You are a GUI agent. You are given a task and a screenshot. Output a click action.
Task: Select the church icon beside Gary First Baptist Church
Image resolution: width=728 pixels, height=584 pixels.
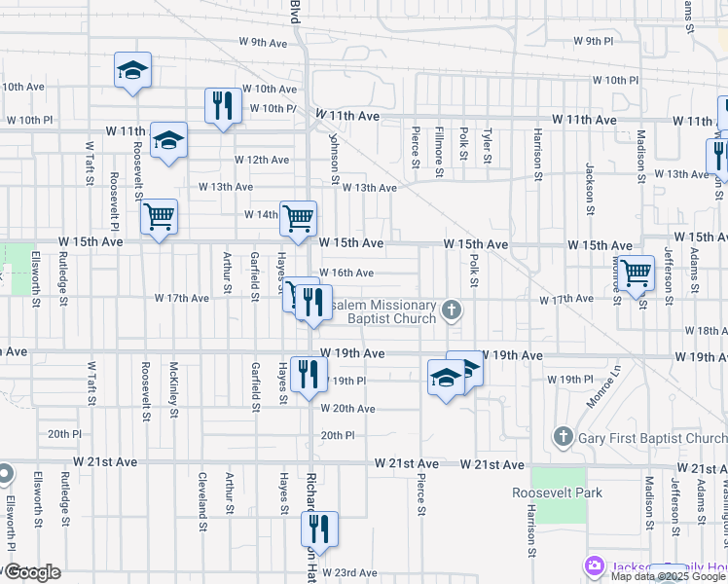click(564, 437)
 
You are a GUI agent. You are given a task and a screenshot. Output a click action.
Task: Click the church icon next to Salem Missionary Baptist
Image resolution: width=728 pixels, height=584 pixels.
click(450, 311)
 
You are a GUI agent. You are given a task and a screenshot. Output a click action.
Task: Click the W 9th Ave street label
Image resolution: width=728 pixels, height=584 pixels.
click(264, 43)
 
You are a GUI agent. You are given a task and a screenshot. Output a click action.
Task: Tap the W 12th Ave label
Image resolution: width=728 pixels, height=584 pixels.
click(262, 160)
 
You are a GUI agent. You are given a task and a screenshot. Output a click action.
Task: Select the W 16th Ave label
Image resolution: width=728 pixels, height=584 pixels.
click(346, 274)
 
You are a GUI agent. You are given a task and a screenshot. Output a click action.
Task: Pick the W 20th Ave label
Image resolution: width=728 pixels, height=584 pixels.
click(347, 409)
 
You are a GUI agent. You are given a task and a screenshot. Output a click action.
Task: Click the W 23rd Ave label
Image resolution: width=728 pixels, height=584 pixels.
click(349, 572)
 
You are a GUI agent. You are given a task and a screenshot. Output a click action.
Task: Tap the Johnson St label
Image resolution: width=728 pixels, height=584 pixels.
click(334, 159)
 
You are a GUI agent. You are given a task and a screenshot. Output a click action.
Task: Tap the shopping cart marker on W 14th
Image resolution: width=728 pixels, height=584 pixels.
click(298, 217)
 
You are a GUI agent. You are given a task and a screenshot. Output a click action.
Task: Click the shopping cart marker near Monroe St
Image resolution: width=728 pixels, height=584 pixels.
click(636, 272)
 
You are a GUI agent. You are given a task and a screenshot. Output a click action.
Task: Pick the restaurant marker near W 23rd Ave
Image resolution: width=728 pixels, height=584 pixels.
click(318, 529)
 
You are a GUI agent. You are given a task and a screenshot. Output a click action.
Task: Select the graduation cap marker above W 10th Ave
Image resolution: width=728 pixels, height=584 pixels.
click(132, 70)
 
